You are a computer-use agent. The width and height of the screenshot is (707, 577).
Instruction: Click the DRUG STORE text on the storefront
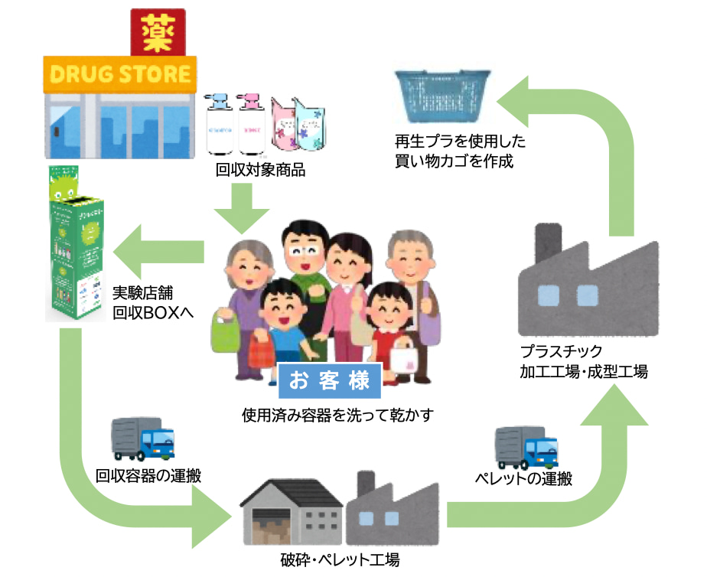pyautogui.click(x=120, y=74)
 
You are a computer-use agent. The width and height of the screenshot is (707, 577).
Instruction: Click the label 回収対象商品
pyautogui.click(x=261, y=170)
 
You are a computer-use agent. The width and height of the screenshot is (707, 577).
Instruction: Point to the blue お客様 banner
pyautogui.click(x=330, y=381)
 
